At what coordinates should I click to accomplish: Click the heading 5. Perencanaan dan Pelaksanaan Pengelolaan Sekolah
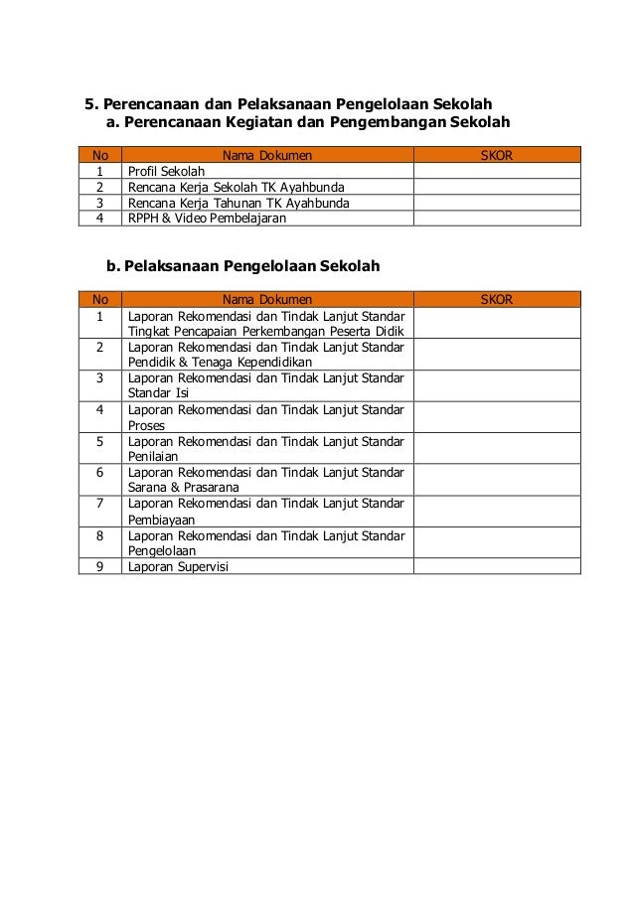287,103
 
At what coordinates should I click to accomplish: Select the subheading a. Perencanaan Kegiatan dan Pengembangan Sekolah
307,123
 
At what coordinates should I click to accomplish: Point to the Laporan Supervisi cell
178,567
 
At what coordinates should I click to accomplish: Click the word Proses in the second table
147,425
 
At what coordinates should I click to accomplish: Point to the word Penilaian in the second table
152,456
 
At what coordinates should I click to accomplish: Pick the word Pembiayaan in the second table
161,519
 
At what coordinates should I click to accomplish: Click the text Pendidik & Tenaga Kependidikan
221,363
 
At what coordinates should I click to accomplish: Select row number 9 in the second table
99,567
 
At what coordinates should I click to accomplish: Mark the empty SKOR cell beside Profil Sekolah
496,171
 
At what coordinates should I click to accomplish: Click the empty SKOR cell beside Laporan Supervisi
496,567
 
